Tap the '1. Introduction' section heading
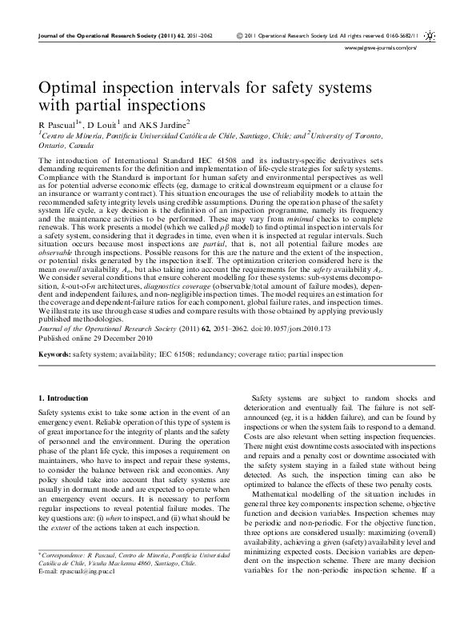click(65, 397)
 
